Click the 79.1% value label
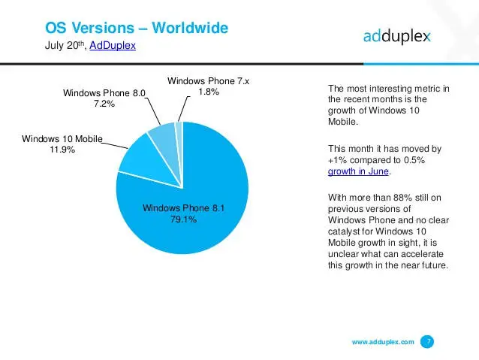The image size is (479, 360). point(182,220)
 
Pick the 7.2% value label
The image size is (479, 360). point(104,104)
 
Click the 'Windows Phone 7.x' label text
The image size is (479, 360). point(208,80)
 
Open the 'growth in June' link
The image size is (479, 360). point(359,171)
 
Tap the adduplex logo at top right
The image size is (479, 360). point(396,38)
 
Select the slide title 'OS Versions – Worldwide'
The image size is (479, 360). point(137,29)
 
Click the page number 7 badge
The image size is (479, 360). point(427,342)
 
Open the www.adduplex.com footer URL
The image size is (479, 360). point(383,343)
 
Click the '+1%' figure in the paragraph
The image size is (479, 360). point(339,159)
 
